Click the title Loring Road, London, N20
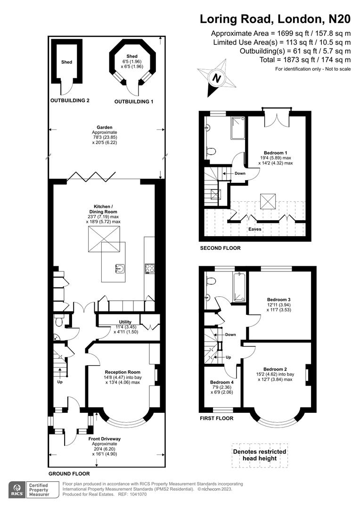[275, 19]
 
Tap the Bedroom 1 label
[276, 153]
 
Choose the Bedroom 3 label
[278, 299]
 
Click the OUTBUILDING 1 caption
[134, 101]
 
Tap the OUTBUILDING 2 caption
[70, 100]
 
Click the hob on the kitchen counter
[150, 268]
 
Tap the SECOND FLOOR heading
[220, 248]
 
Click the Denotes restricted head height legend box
[260, 455]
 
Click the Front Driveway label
[105, 439]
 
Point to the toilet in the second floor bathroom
[212, 151]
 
